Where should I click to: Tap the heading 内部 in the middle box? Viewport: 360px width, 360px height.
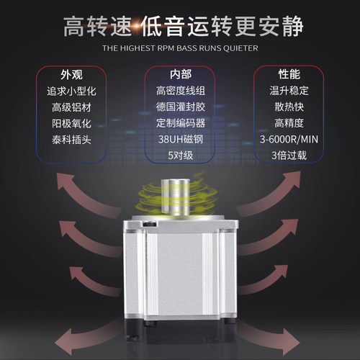(180, 75)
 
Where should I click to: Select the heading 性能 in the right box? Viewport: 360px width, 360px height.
(291, 75)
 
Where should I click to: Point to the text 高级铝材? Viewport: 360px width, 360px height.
(69, 107)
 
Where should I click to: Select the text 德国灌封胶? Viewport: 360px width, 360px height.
(180, 107)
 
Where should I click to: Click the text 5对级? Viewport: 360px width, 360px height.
(180, 154)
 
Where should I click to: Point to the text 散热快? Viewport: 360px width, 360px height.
(291, 107)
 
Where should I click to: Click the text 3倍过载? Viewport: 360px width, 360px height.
(291, 154)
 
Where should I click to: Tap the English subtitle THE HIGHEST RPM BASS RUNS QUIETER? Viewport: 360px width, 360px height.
(180, 49)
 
